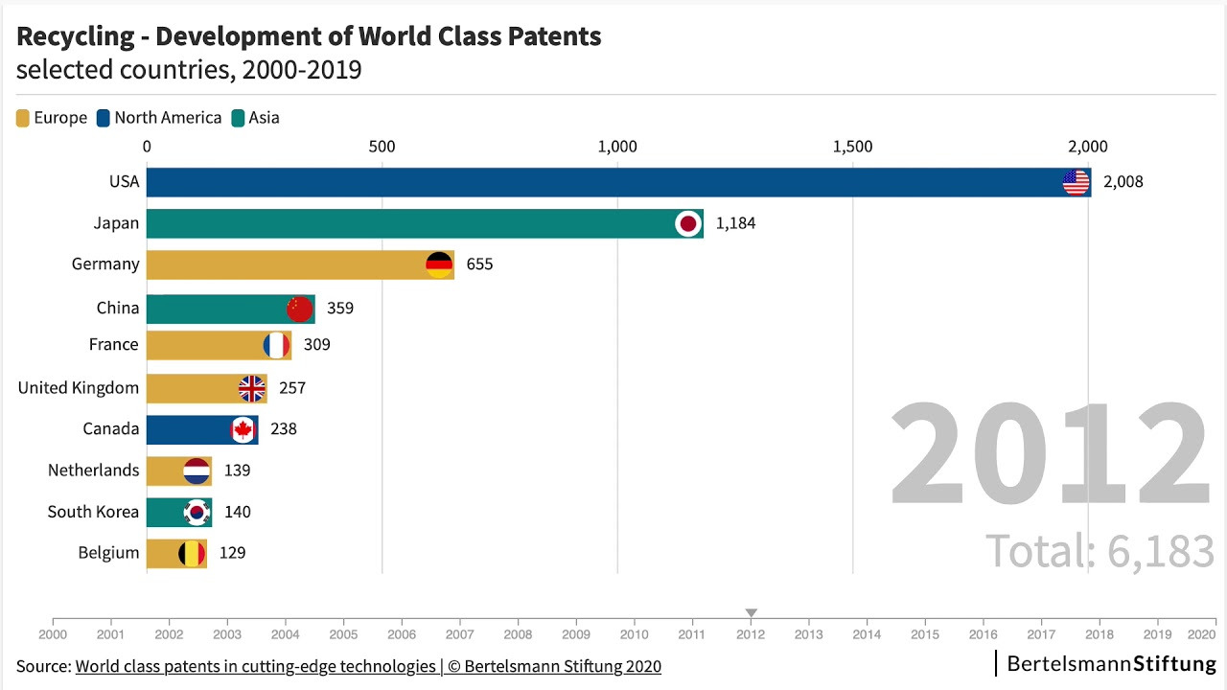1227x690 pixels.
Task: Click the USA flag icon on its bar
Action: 1076,182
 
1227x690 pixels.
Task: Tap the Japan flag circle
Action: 688,223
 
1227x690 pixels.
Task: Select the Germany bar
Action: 300,265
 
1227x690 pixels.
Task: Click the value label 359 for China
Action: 340,309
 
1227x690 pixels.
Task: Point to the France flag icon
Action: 277,346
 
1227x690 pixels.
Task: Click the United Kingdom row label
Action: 79,388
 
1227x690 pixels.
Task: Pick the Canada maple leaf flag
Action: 243,430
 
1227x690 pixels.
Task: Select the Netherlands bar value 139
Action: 237,471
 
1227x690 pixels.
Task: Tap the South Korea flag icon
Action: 197,513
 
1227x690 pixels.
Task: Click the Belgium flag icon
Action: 192,554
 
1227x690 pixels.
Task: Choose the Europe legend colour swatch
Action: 22,118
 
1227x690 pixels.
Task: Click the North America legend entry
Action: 159,118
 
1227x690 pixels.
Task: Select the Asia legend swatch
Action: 238,118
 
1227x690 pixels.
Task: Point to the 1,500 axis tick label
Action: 853,147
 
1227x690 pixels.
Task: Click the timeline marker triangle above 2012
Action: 751,612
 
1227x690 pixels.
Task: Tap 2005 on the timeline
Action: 343,634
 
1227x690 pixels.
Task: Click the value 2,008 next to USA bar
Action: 1123,182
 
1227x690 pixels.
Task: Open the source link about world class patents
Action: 368,666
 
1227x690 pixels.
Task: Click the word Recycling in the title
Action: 76,37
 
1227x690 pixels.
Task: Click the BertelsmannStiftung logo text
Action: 1111,664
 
